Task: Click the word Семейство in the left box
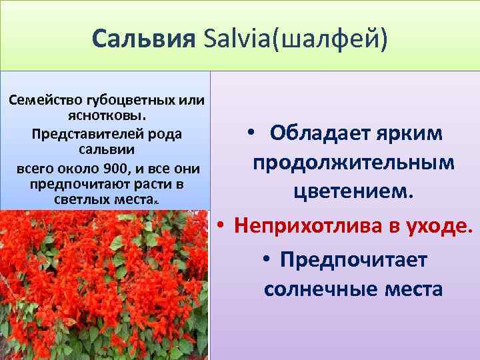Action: [x=43, y=101]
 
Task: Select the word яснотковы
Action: [x=107, y=117]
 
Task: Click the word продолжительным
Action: [x=353, y=163]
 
